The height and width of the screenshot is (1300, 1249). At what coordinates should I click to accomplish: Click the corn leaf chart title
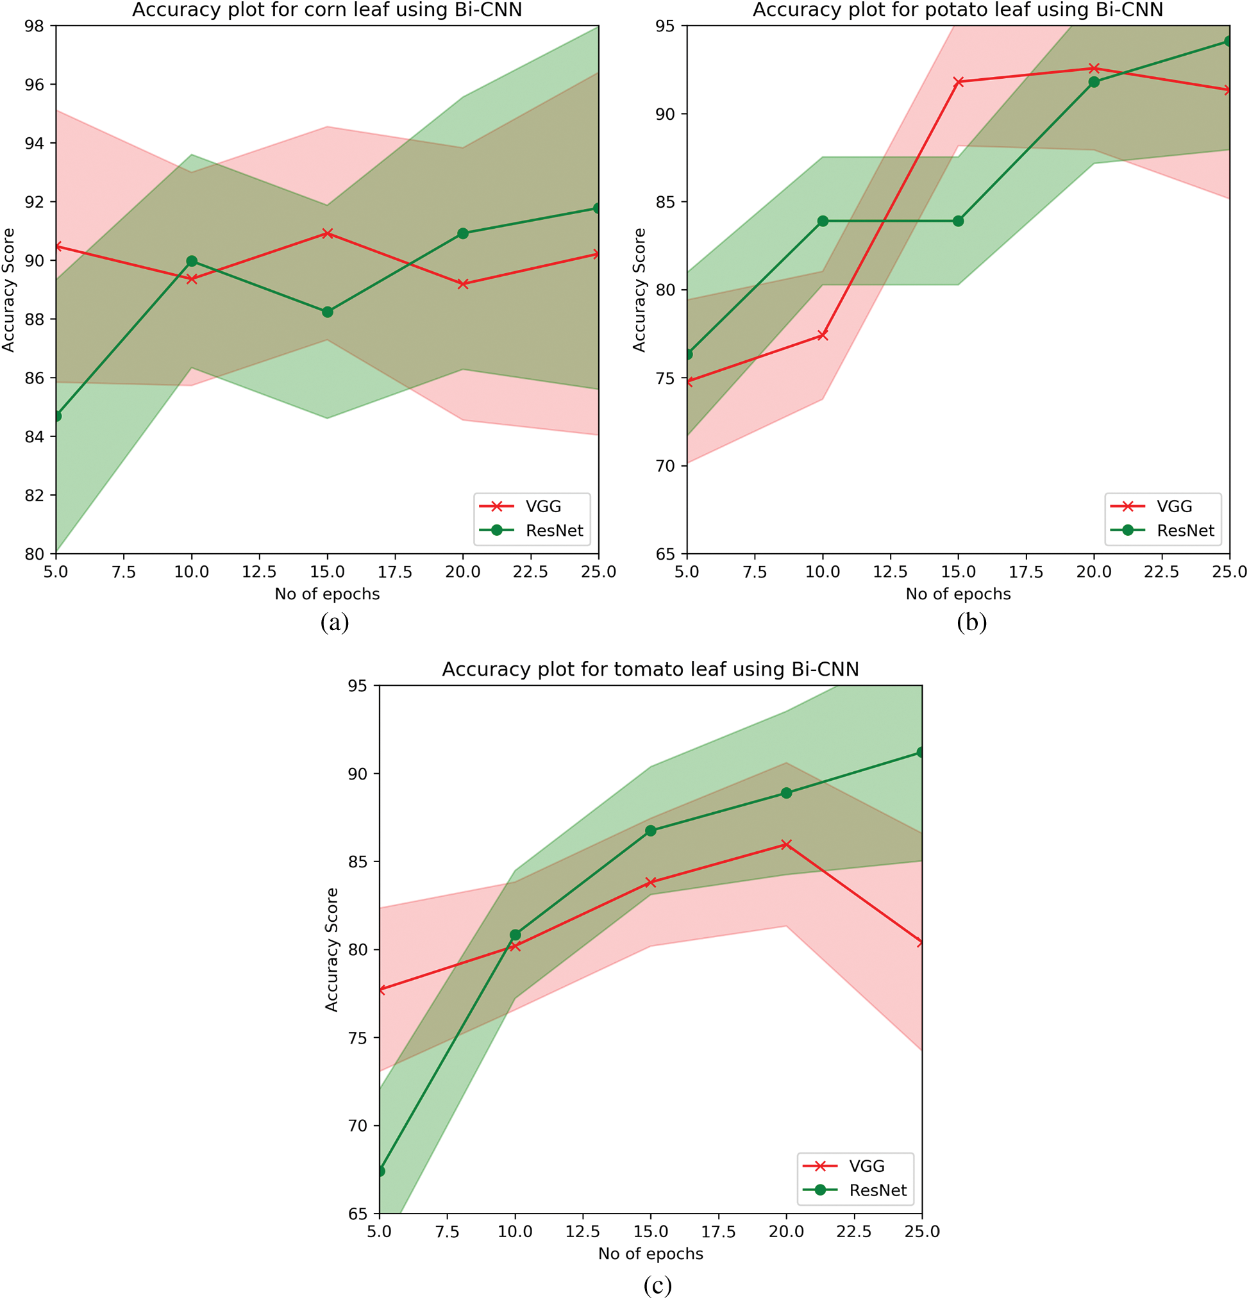point(327,10)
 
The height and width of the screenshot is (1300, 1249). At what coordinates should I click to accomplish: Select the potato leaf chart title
point(958,10)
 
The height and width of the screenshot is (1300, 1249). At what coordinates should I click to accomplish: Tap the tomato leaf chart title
point(650,669)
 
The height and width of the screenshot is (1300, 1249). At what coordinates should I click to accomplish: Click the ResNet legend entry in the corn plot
point(554,531)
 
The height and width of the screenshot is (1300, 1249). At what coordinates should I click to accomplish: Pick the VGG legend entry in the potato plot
point(1174,506)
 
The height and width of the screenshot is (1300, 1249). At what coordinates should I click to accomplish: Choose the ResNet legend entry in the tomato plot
point(878,1190)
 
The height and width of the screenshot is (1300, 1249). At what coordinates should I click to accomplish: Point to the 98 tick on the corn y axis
point(35,26)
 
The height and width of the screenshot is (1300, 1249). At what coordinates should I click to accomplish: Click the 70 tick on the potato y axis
point(666,466)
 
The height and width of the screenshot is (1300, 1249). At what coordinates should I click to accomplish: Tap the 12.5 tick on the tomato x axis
point(582,1231)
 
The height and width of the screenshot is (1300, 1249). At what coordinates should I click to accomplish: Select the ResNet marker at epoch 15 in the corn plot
point(327,312)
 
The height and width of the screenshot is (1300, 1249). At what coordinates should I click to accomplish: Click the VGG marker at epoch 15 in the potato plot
point(959,81)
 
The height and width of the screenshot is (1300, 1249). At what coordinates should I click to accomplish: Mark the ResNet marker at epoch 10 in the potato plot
point(823,221)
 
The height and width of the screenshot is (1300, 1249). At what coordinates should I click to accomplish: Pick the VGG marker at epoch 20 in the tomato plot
point(786,844)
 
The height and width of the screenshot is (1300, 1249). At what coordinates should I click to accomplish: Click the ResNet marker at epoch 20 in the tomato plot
point(786,792)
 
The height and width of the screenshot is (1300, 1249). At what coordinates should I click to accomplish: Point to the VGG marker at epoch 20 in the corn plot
point(463,284)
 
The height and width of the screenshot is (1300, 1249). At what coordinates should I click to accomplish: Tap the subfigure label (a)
point(334,622)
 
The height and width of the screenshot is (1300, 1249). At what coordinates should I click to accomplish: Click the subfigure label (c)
point(657,1285)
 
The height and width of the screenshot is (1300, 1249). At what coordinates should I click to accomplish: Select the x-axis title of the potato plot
point(958,594)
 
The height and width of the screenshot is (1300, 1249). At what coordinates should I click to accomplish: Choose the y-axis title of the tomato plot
point(331,950)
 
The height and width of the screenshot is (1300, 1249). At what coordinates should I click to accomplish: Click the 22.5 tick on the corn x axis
point(530,572)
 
